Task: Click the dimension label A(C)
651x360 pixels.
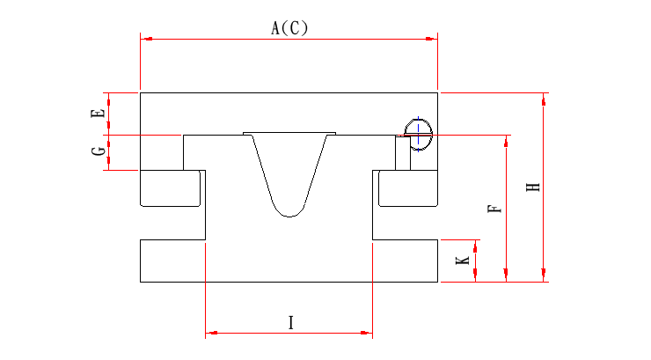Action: (289, 28)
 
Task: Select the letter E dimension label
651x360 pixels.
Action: (99, 113)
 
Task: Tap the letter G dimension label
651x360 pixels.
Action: (99, 151)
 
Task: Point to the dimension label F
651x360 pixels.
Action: (494, 209)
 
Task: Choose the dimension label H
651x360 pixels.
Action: (532, 187)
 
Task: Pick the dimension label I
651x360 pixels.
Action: (290, 323)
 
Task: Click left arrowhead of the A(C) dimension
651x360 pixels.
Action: (146, 39)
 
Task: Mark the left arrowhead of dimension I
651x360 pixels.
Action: (211, 334)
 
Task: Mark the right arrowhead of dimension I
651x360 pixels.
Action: (367, 334)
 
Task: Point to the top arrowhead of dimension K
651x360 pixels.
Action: (476, 244)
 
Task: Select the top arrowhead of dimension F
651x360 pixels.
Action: (507, 141)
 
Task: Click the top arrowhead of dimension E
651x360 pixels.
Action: (108, 97)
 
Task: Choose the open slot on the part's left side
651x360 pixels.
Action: (172, 223)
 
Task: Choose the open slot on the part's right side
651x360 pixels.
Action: (406, 223)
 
